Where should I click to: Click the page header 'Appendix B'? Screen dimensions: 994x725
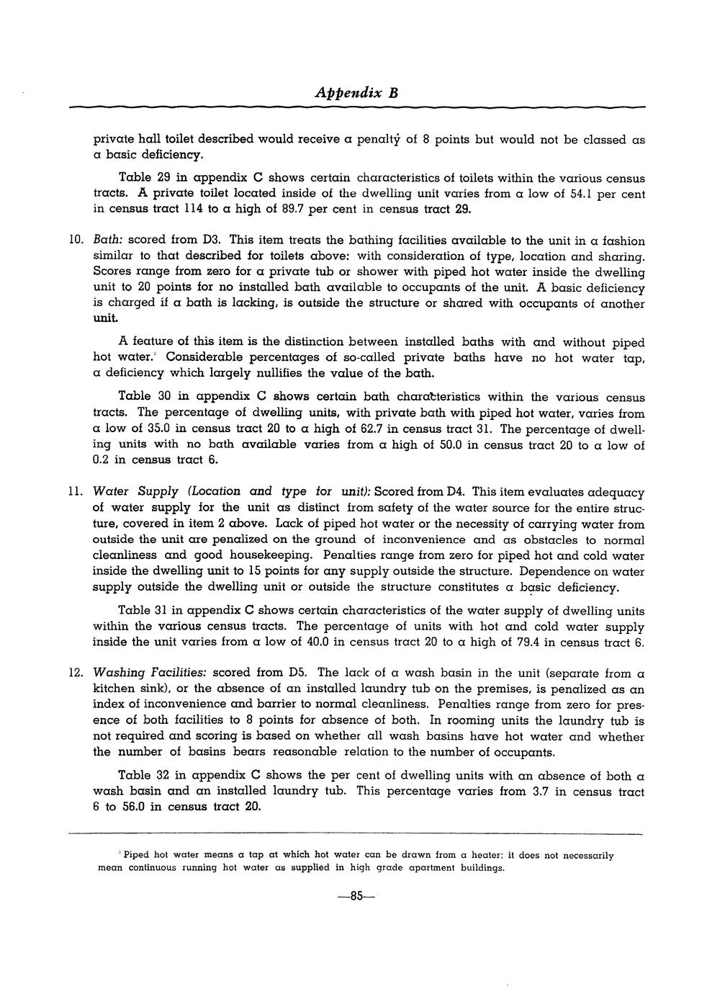click(x=356, y=93)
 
